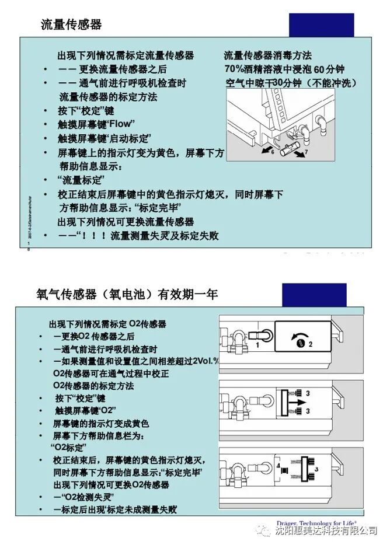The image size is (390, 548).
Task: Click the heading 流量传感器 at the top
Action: tap(71, 25)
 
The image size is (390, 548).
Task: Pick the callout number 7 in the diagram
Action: tap(307, 152)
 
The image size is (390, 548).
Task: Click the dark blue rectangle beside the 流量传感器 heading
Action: tap(322, 26)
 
